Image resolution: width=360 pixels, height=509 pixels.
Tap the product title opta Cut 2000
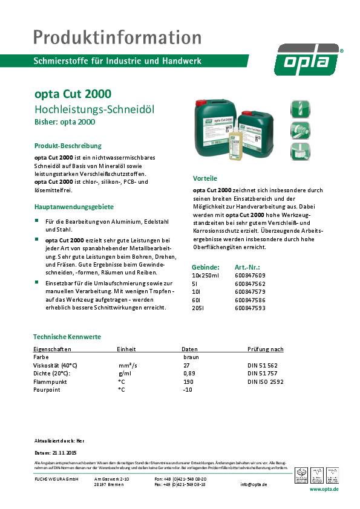(72, 95)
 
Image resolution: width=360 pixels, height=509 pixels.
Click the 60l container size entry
(196, 300)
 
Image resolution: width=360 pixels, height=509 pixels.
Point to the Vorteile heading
(205, 179)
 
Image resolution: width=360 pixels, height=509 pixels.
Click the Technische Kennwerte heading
(67, 337)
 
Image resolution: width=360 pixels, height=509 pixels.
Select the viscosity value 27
(186, 366)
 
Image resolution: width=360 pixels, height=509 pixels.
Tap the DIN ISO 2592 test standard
(265, 382)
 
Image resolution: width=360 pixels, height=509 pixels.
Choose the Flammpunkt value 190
(188, 382)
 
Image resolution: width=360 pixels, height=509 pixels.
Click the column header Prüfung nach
(266, 349)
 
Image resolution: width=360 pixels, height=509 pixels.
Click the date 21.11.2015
(64, 452)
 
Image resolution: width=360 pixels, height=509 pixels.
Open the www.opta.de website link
(324, 488)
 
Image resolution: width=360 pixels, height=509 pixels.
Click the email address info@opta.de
(270, 484)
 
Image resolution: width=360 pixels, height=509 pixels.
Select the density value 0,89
(189, 374)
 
